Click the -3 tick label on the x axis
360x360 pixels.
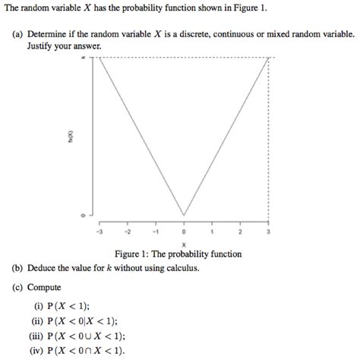pyautogui.click(x=99, y=232)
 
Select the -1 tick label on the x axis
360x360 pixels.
pyautogui.click(x=155, y=232)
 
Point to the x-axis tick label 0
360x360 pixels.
pyautogui.click(x=183, y=232)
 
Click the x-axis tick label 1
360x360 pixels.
pyautogui.click(x=211, y=232)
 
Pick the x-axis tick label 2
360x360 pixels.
pyautogui.click(x=239, y=232)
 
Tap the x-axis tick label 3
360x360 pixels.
pyautogui.click(x=267, y=232)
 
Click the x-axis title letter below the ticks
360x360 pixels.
pyautogui.click(x=183, y=243)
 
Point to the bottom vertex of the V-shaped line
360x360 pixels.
pyautogui.click(x=183, y=215)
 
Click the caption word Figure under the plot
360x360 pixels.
pyautogui.click(x=130, y=254)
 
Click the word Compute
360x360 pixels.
pyautogui.click(x=44, y=288)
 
